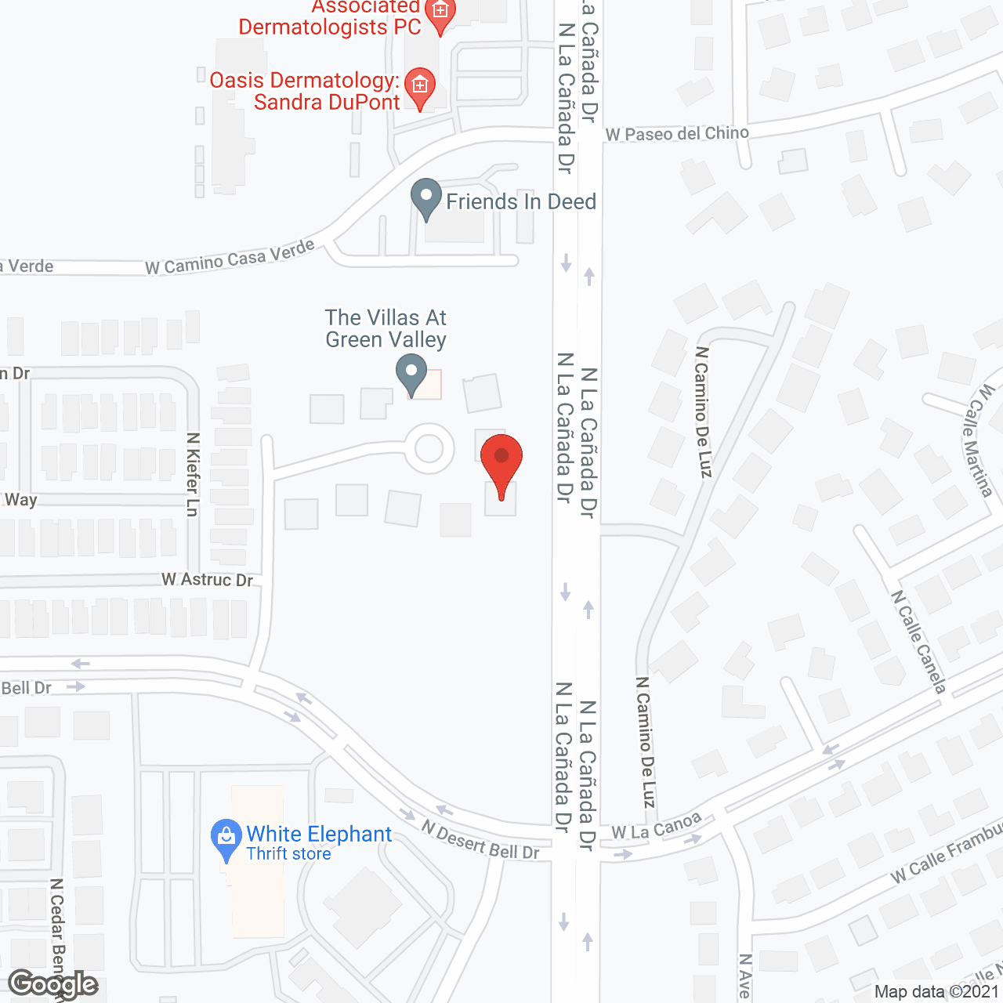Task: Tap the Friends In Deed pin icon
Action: pos(426,198)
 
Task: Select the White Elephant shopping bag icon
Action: pos(226,839)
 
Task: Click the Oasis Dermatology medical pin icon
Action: pos(420,87)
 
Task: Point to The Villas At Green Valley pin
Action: pos(411,374)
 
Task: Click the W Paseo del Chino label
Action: pos(677,134)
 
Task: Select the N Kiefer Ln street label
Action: pos(193,474)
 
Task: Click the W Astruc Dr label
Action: pos(207,580)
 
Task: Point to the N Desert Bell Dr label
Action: pos(480,840)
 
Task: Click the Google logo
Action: pos(53,984)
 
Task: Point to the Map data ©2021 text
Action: pos(936,991)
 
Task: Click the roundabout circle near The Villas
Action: pos(429,449)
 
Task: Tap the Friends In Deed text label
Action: pos(521,202)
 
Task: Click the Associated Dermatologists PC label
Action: pos(330,17)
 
